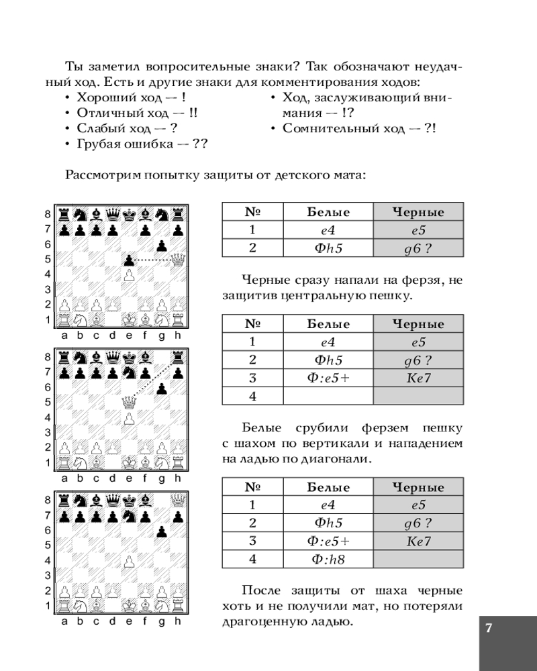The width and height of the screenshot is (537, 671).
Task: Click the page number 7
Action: [489, 629]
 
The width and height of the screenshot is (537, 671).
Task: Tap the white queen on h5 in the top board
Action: [178, 259]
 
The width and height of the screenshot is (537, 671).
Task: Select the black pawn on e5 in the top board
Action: [129, 259]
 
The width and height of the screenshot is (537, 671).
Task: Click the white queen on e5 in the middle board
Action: [129, 403]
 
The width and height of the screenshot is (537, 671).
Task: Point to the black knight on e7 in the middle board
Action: [129, 371]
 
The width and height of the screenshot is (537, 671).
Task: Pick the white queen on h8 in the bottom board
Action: [178, 500]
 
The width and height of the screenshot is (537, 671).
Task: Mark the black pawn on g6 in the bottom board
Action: [162, 531]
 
